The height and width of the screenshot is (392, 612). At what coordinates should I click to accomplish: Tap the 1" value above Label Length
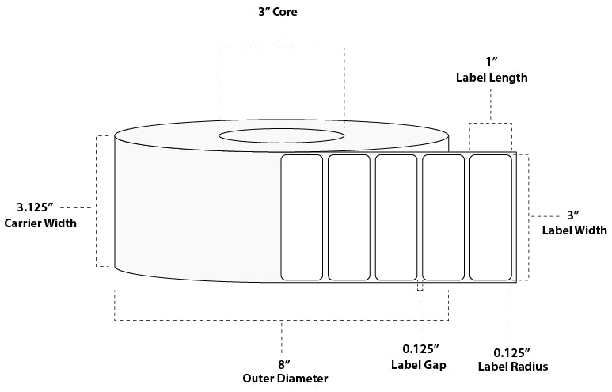pyautogui.click(x=491, y=61)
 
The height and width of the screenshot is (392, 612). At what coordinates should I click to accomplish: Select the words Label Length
pyautogui.click(x=491, y=78)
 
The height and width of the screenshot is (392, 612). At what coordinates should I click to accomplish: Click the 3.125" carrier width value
pyautogui.click(x=34, y=207)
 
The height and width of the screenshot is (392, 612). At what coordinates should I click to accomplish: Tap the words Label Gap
pyautogui.click(x=420, y=365)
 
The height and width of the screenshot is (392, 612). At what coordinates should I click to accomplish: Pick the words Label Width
pyautogui.click(x=574, y=230)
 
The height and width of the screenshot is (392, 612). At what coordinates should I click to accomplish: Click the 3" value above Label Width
pyautogui.click(x=574, y=215)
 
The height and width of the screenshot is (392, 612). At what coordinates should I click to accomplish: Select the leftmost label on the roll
pyautogui.click(x=302, y=217)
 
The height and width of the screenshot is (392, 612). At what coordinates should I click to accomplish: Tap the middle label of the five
pyautogui.click(x=396, y=217)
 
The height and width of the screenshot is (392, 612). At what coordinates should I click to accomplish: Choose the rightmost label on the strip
pyautogui.click(x=491, y=217)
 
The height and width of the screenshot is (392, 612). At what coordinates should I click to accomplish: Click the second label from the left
pyautogui.click(x=349, y=217)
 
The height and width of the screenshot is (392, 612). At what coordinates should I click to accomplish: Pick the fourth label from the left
pyautogui.click(x=443, y=217)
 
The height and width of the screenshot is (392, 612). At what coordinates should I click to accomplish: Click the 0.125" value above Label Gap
pyautogui.click(x=420, y=350)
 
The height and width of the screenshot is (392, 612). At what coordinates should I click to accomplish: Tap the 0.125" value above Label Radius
pyautogui.click(x=511, y=352)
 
